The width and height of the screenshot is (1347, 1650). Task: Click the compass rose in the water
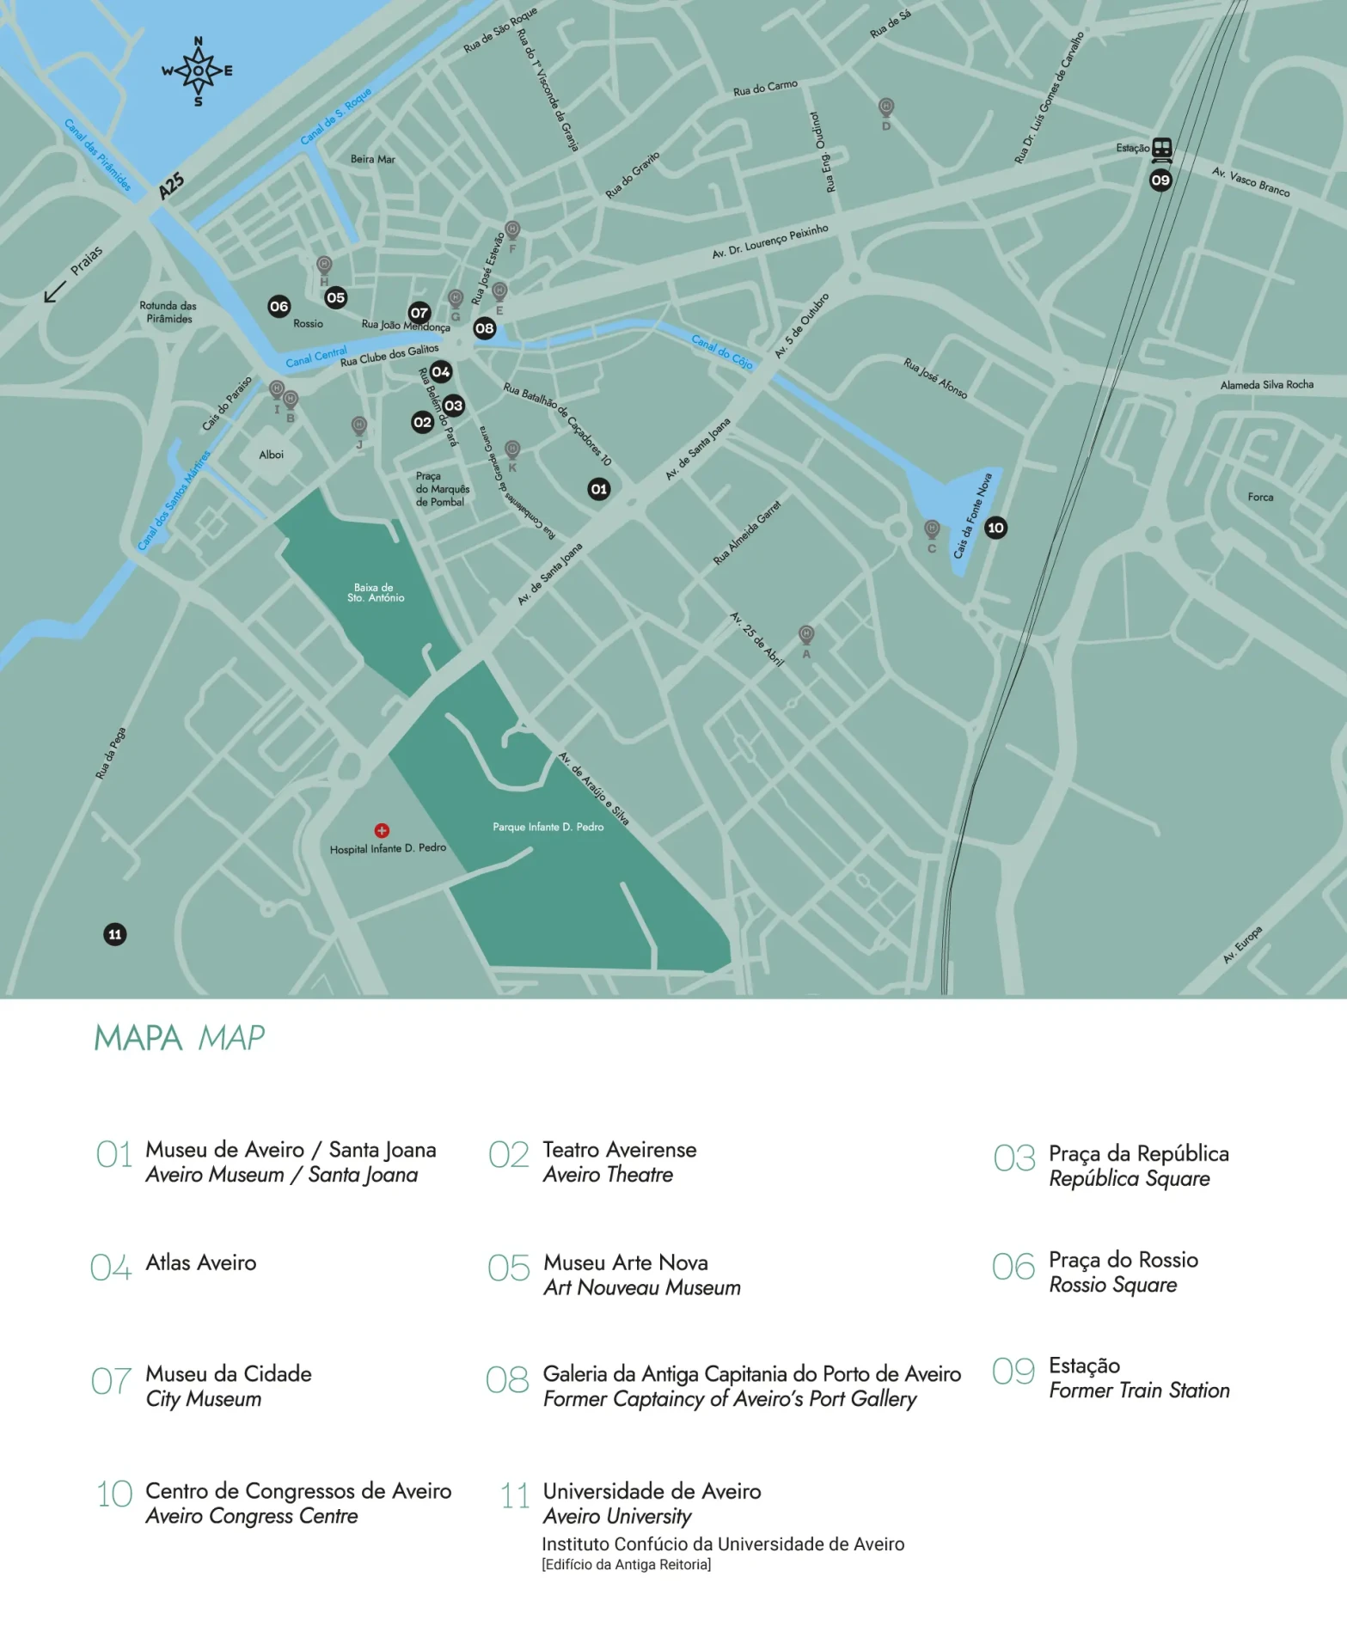click(199, 71)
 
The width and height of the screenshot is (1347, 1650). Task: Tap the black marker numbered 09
click(1160, 180)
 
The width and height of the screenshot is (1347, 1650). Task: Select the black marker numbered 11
click(115, 934)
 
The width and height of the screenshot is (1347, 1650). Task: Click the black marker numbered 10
click(995, 528)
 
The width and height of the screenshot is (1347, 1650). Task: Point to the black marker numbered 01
click(599, 489)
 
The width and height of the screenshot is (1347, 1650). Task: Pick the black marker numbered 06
click(279, 307)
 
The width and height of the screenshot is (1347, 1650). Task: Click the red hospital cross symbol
click(382, 830)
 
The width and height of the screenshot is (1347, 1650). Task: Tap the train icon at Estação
click(1162, 149)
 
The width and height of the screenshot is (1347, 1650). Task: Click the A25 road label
click(171, 186)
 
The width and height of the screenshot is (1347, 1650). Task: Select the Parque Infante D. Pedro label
click(548, 827)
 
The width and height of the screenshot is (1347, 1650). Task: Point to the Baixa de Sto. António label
click(376, 593)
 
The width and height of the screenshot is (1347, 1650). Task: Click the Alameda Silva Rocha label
click(1266, 385)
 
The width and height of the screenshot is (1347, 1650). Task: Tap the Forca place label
click(1260, 497)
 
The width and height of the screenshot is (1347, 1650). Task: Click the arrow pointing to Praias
click(55, 291)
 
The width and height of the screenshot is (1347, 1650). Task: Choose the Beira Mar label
click(372, 159)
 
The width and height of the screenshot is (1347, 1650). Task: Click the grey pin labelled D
click(886, 107)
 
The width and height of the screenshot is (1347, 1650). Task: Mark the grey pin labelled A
click(806, 635)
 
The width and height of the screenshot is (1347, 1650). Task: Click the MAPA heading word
click(138, 1038)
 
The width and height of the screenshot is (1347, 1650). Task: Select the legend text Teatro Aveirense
click(619, 1150)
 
